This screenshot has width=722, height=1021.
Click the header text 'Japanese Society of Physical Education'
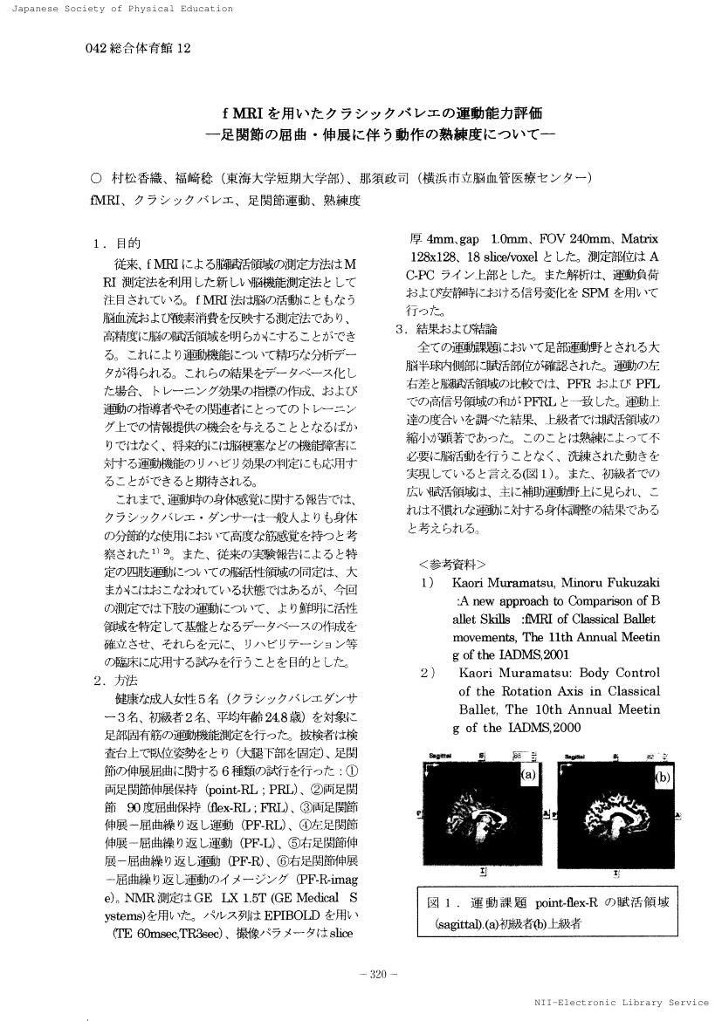tap(118, 9)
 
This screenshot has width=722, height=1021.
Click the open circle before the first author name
tap(96, 179)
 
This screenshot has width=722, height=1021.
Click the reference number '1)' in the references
tap(427, 582)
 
